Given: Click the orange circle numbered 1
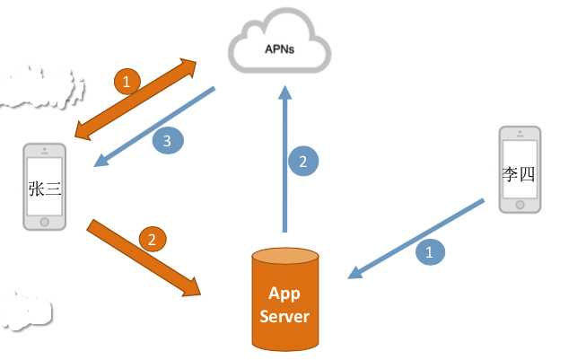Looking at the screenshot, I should coord(128,83).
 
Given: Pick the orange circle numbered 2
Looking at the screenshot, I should coord(153,239).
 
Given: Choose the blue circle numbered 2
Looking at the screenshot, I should coord(303,162).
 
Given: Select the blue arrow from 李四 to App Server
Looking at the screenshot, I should coord(422,236).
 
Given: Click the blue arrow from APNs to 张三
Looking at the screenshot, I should coord(153,127).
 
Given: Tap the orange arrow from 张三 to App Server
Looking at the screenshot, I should coord(144,257).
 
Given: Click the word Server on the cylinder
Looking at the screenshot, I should coord(285,317).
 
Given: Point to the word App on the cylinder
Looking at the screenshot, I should coord(284,294).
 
